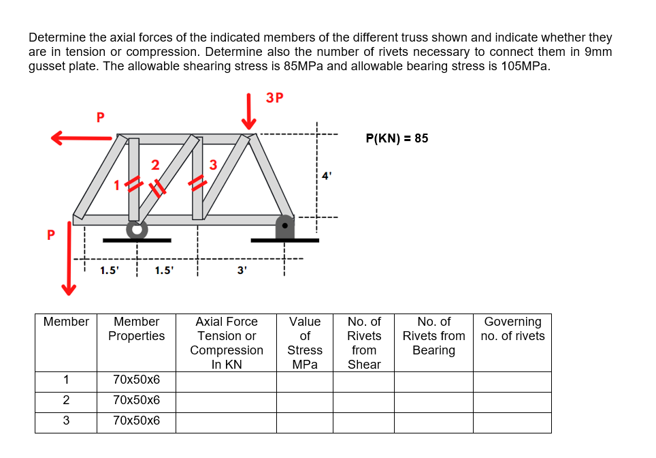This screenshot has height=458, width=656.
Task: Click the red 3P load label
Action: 275,97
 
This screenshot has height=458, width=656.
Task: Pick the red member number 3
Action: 213,164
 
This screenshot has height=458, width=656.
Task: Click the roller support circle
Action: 137,228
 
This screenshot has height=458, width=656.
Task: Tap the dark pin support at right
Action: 284,226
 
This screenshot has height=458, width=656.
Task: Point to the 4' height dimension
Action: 327,175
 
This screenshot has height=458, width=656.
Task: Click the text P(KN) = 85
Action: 397,138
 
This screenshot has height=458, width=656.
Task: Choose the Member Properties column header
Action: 136,329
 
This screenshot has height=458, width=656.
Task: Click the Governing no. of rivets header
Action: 512,329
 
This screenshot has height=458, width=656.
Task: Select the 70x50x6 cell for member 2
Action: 137,400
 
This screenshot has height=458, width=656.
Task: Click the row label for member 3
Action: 66,421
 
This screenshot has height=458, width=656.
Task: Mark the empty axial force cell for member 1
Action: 226,380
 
